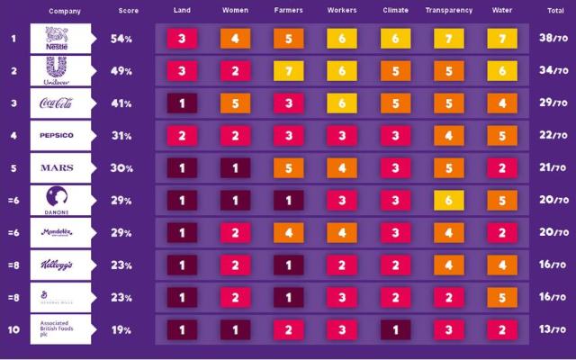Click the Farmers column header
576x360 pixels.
click(x=290, y=11)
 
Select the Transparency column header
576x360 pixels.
click(x=447, y=11)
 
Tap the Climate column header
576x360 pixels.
click(x=395, y=11)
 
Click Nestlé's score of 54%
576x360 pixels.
click(x=122, y=40)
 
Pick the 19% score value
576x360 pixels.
click(x=122, y=329)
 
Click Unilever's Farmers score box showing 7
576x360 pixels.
click(x=290, y=71)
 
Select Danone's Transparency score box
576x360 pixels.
click(x=447, y=201)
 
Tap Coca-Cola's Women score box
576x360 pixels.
click(x=237, y=103)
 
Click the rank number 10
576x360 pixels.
click(x=13, y=329)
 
